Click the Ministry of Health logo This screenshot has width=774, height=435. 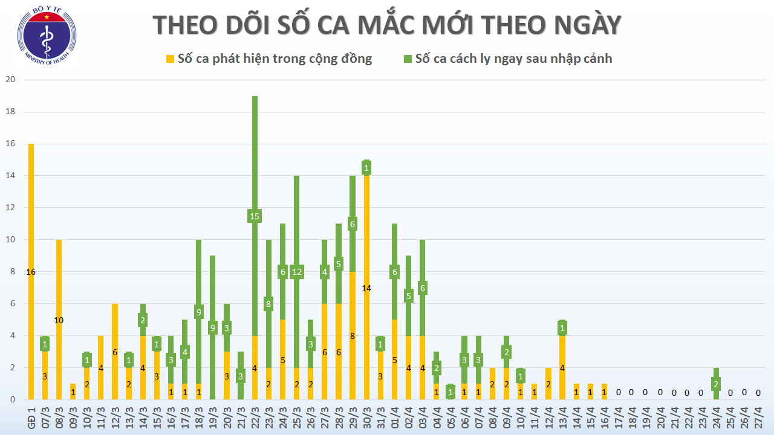tap(47, 37)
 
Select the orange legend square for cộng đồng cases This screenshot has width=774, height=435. tap(171, 59)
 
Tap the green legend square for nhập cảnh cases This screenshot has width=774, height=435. tap(408, 59)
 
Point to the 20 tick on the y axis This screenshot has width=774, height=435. tap(10, 80)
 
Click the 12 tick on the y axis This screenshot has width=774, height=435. tap(10, 208)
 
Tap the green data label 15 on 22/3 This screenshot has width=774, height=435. tap(255, 216)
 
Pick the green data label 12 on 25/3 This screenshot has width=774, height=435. tap(296, 272)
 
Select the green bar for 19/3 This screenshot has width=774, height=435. tap(213, 362)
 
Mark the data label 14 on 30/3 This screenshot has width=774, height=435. tap(366, 288)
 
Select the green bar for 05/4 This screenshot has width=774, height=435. tap(450, 391)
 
